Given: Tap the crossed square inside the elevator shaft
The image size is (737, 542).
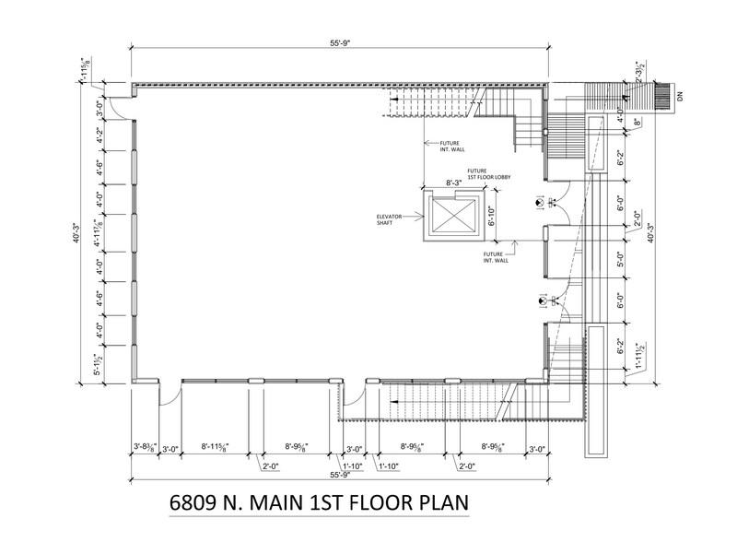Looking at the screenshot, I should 450,218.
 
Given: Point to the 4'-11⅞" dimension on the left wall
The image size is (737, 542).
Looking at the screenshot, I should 88,225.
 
